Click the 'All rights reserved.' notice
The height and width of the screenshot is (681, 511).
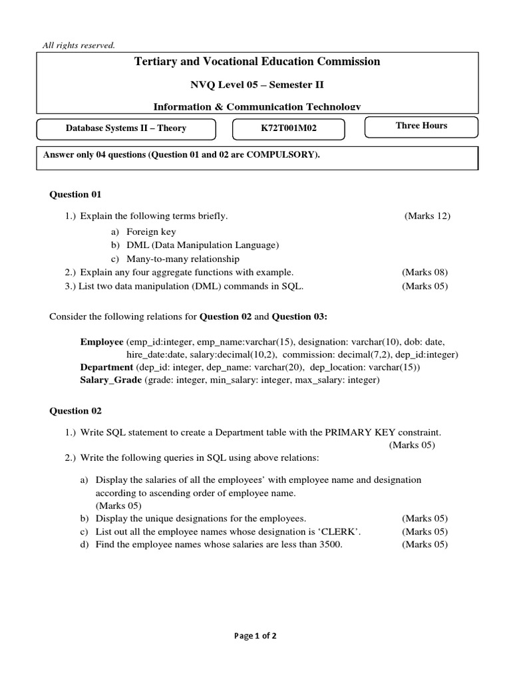79,45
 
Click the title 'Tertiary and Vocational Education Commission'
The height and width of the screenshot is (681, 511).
257,62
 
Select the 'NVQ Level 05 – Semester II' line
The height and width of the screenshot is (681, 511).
257,84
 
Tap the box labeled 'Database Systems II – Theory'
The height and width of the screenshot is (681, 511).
126,128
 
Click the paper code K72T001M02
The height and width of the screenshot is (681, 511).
289,128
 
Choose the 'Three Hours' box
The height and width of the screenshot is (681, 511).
421,126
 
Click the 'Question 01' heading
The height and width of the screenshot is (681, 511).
76,194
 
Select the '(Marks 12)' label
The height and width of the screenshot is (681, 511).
427,216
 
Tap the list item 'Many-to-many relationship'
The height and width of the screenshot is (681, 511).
183,259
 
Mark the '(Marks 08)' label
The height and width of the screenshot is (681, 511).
425,273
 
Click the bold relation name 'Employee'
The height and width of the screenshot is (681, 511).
102,341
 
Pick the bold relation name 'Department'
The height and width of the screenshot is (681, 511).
106,367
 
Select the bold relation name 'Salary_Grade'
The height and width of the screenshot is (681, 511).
110,380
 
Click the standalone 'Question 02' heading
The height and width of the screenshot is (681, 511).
76,410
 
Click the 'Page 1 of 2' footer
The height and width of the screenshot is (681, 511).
255,636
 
